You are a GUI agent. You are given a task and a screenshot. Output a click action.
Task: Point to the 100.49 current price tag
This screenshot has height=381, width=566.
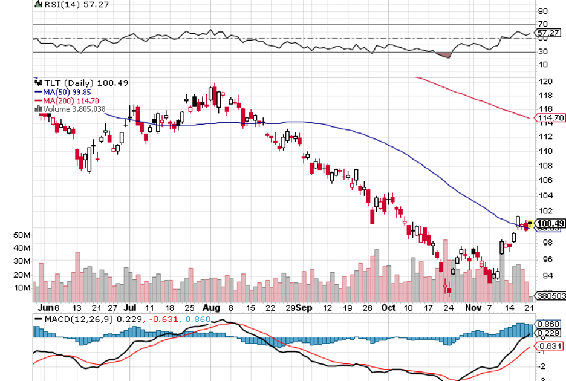tap(550, 223)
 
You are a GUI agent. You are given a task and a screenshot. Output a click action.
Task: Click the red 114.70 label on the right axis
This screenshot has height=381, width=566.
tap(550, 118)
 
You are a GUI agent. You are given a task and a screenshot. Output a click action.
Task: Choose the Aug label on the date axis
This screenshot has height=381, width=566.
tap(211, 307)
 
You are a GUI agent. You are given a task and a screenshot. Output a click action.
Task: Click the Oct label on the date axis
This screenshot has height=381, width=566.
tap(388, 307)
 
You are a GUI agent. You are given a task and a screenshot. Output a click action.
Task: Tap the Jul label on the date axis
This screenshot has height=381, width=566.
tap(132, 307)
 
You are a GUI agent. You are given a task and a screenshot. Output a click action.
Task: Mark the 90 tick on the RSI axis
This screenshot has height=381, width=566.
tap(543, 11)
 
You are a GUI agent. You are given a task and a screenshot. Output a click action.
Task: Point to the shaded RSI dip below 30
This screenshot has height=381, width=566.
tap(444, 55)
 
